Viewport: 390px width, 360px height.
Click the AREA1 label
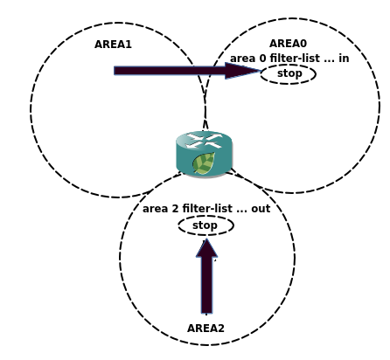click(113, 45)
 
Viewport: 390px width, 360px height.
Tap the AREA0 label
click(288, 44)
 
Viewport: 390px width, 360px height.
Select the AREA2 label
click(205, 329)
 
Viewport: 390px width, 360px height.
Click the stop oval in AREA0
click(289, 74)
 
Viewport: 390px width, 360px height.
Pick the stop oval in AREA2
click(206, 225)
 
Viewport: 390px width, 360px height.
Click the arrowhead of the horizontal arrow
click(243, 71)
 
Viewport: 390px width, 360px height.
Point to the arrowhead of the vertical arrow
click(206, 248)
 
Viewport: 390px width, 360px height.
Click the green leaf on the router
click(204, 163)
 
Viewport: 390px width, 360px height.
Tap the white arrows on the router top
click(204, 141)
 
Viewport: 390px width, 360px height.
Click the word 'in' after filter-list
click(344, 59)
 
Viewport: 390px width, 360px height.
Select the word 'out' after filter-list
click(261, 209)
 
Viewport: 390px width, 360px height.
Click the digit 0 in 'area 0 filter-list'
click(262, 59)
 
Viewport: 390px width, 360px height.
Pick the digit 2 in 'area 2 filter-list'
click(175, 209)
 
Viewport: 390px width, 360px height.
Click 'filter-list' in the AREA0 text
click(295, 59)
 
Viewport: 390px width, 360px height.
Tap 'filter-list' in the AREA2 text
click(207, 209)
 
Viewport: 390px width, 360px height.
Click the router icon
click(204, 155)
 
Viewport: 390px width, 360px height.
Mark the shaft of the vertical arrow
click(206, 286)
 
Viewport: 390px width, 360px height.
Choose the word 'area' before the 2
click(155, 209)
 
